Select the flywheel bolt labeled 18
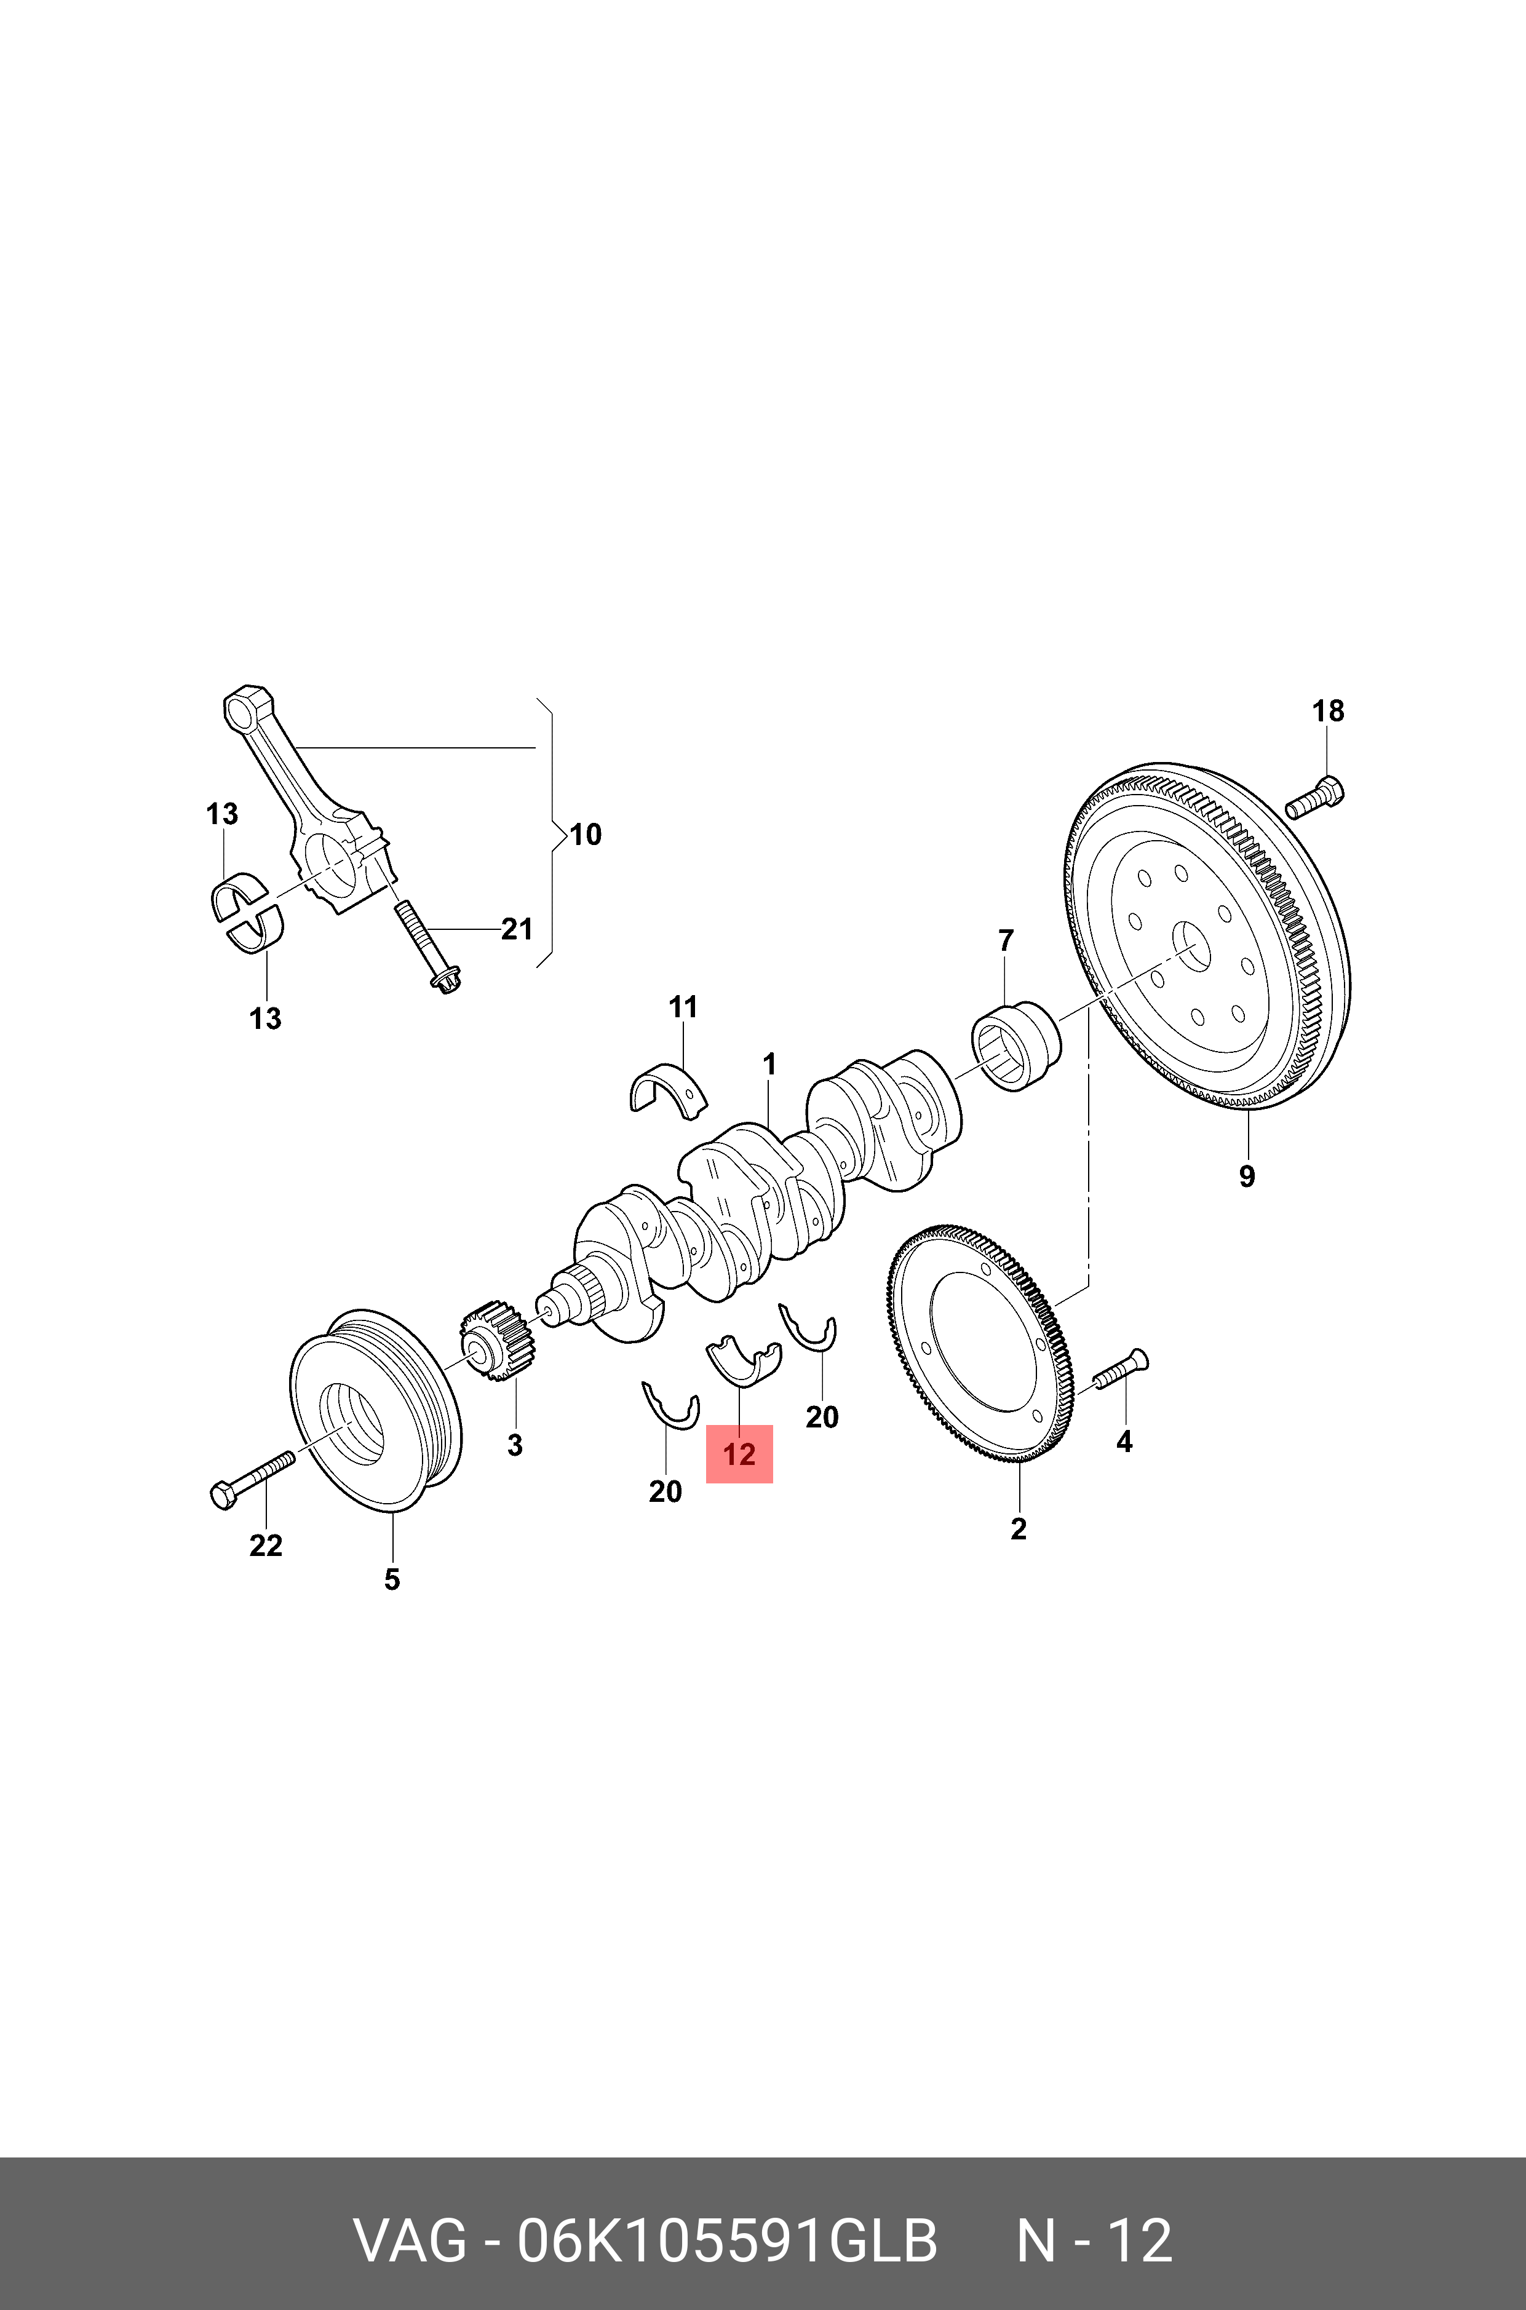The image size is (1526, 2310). [1315, 796]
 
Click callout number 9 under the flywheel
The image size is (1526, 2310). [1247, 1177]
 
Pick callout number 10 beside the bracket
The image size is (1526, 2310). [585, 834]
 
